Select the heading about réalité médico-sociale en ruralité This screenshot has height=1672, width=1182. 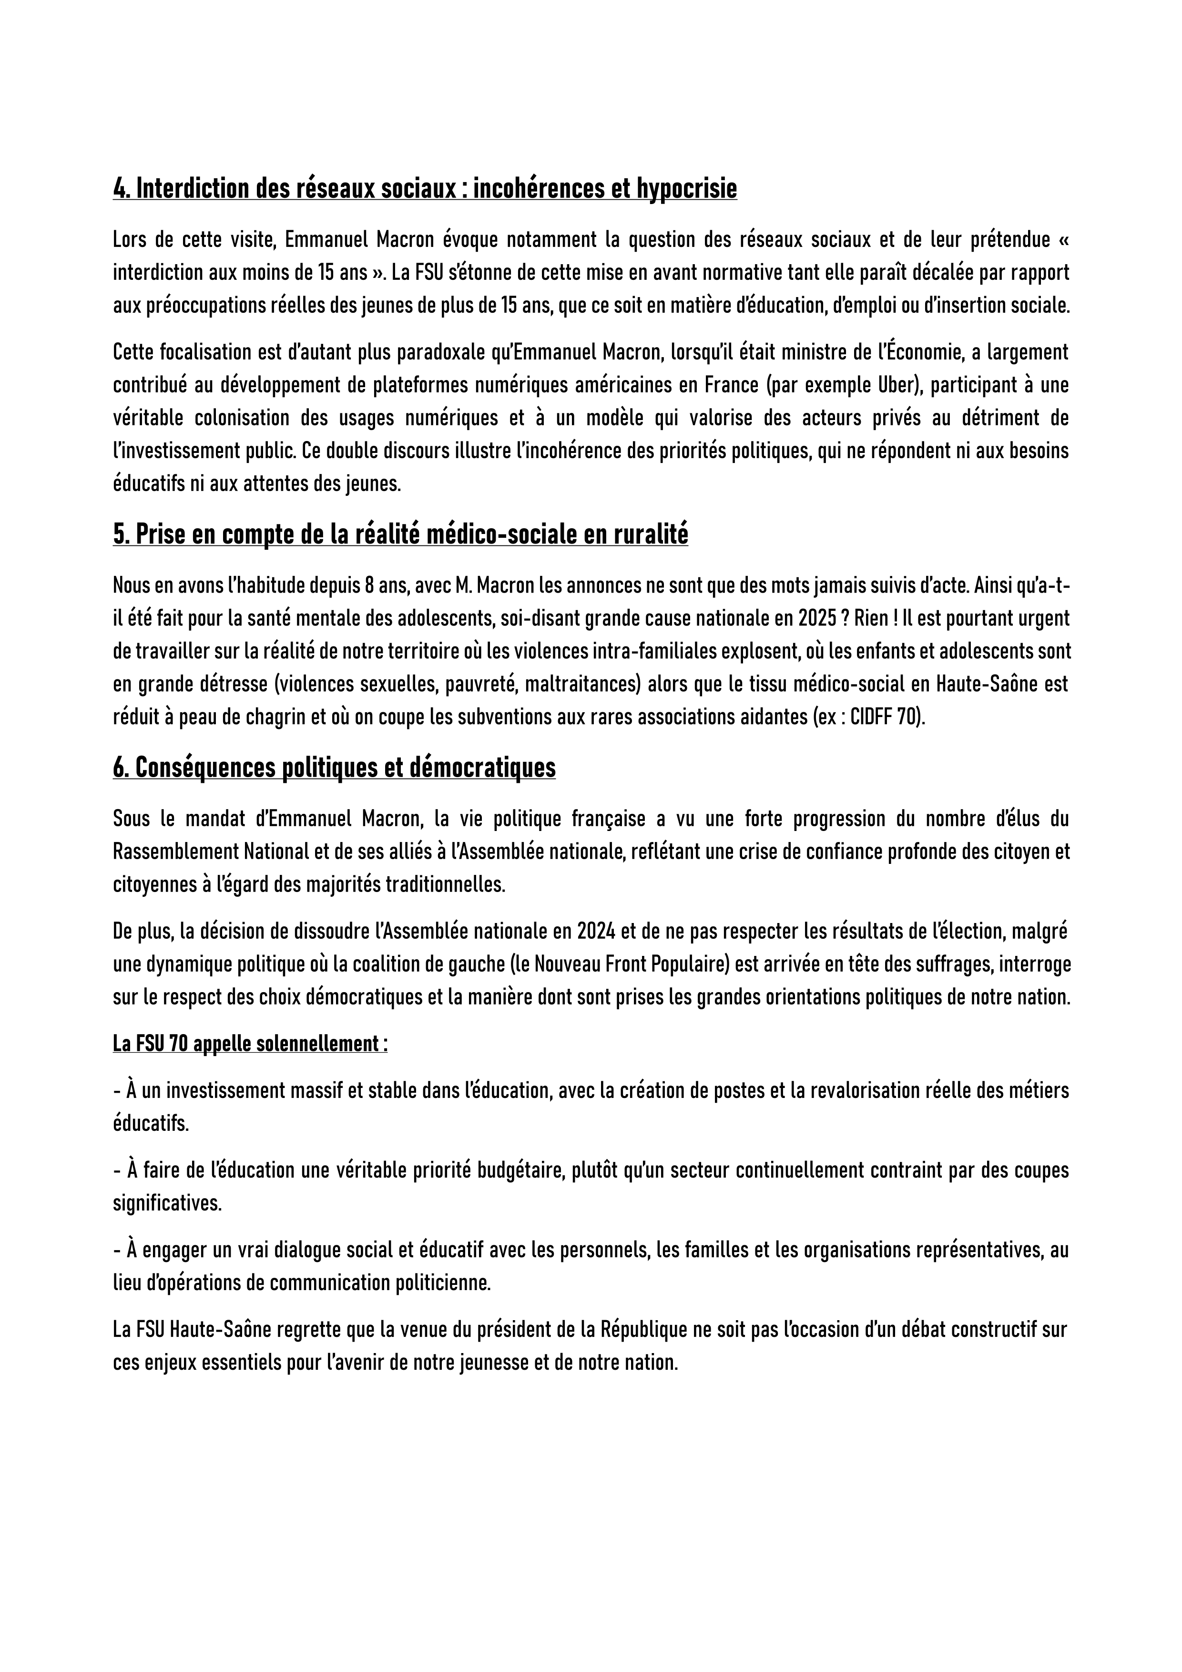coord(400,535)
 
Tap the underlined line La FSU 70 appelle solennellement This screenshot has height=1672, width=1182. coord(250,1044)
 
